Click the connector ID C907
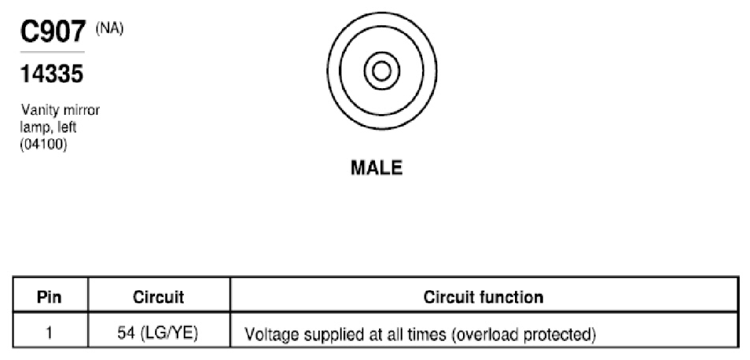click(x=53, y=32)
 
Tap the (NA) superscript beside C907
click(x=109, y=29)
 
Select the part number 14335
click(x=52, y=74)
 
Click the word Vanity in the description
click(x=40, y=111)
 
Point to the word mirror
click(x=82, y=111)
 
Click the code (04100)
click(x=43, y=145)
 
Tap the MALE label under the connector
click(x=377, y=167)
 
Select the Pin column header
click(x=50, y=297)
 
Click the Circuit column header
click(x=158, y=297)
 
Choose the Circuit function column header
click(x=483, y=297)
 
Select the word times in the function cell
click(x=429, y=335)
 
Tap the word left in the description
click(x=67, y=128)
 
